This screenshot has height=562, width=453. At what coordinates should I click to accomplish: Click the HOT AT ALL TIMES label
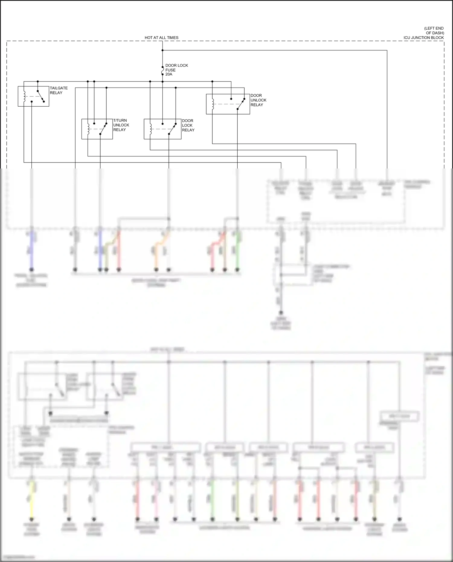click(x=161, y=38)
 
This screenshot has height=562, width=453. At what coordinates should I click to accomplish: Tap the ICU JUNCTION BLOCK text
click(x=423, y=38)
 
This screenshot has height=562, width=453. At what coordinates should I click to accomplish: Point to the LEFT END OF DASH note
click(x=434, y=31)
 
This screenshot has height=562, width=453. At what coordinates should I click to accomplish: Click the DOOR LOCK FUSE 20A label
click(x=176, y=70)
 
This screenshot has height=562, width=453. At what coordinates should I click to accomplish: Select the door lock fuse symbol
click(x=162, y=72)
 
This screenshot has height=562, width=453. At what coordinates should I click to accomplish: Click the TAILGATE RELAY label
click(x=59, y=90)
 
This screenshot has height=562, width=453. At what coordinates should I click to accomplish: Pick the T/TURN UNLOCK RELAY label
click(x=121, y=125)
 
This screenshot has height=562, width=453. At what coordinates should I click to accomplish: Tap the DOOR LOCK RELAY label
click(x=188, y=125)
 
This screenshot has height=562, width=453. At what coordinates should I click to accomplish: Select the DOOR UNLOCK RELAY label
click(x=258, y=100)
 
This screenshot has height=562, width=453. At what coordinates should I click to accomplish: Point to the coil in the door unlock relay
click(x=213, y=104)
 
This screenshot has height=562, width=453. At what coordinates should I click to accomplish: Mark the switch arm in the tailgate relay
click(x=41, y=96)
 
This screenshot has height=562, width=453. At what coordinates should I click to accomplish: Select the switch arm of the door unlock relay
click(x=241, y=104)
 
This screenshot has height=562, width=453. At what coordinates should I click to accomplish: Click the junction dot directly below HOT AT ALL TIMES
click(x=162, y=50)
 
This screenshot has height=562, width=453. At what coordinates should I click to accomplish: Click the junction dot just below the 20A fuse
click(x=162, y=82)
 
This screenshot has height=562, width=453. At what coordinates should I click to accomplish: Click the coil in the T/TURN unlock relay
click(x=88, y=129)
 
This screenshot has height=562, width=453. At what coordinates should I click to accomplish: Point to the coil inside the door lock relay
click(x=150, y=129)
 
